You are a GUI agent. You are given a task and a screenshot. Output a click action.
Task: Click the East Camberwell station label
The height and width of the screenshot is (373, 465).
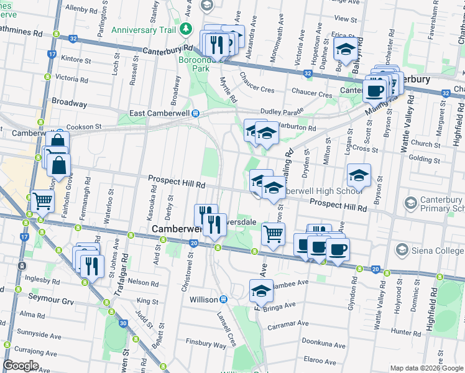(x=159, y=113)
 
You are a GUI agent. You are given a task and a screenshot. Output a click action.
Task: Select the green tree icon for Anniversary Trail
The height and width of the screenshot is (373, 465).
(x=185, y=30)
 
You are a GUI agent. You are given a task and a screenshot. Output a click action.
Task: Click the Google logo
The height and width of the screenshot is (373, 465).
(x=20, y=366)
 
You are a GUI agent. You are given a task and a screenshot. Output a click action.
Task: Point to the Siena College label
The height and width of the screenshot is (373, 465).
(x=435, y=250)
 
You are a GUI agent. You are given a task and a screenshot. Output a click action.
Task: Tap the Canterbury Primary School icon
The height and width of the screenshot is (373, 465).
(x=410, y=203)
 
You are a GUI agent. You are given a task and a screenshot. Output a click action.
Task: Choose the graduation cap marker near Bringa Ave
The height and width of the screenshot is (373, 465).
(x=261, y=290)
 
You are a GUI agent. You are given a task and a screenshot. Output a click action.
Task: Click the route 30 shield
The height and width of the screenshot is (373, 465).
(x=123, y=323)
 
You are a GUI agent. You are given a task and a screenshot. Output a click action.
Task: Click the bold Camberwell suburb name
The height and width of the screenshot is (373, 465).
(x=174, y=229)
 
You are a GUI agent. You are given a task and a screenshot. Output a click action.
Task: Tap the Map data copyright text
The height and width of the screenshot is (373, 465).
(x=426, y=368)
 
